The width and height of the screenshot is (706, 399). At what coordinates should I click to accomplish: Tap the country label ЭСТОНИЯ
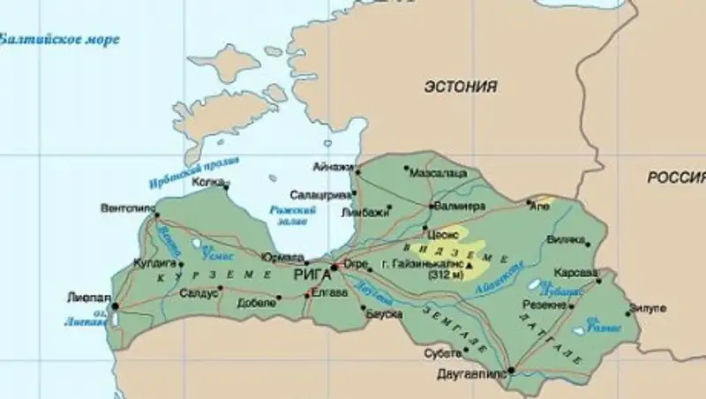[460, 87]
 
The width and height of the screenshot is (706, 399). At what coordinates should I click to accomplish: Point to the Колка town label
[207, 184]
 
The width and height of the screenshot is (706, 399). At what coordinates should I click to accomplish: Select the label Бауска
[386, 313]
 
